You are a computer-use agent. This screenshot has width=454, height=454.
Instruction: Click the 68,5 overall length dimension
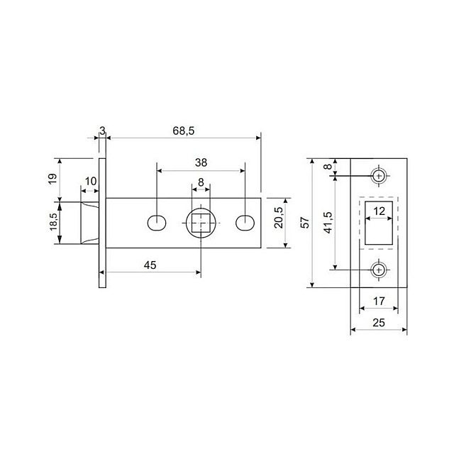click(x=183, y=131)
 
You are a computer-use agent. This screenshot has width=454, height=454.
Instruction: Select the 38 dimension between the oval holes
click(x=201, y=162)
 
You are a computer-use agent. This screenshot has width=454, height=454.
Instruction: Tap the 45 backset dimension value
click(x=150, y=265)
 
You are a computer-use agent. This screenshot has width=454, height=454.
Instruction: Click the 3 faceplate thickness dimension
click(x=102, y=131)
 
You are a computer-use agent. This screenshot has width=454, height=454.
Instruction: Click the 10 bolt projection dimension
click(x=90, y=182)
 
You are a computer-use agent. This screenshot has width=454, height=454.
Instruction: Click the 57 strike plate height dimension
click(x=304, y=223)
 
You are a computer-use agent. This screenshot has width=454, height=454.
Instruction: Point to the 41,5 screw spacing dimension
click(x=327, y=222)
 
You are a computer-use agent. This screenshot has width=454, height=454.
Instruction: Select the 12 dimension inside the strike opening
click(x=379, y=211)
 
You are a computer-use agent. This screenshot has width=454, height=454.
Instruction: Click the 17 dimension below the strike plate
click(x=379, y=301)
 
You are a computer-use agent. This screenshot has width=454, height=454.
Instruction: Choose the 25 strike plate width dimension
click(x=379, y=323)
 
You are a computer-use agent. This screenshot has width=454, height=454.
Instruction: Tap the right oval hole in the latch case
click(x=245, y=223)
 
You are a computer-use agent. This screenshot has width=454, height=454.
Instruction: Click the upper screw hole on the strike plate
click(x=379, y=175)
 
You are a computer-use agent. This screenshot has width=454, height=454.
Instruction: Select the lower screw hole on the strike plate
click(x=379, y=270)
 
